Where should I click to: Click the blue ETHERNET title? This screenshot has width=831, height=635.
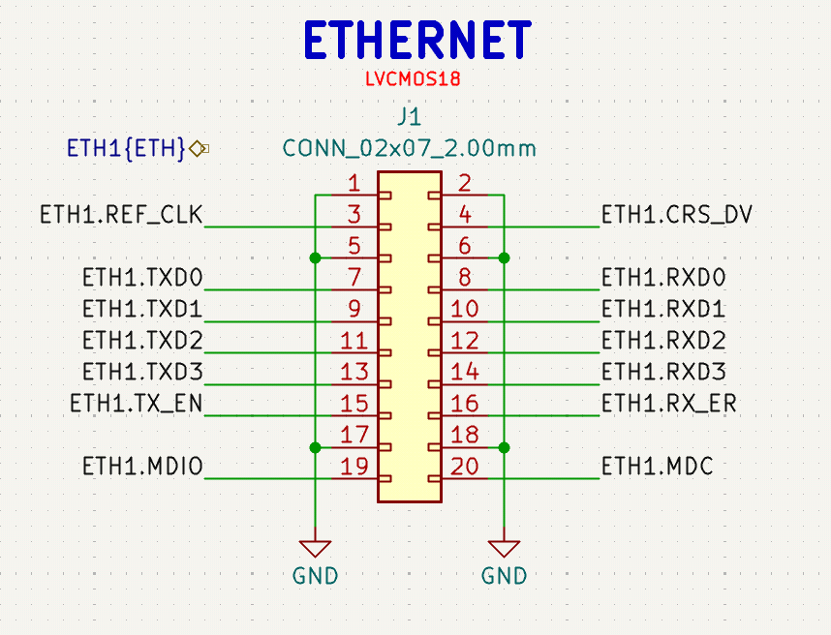click(x=417, y=40)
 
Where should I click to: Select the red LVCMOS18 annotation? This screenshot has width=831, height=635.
click(x=413, y=79)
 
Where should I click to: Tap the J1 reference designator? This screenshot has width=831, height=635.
click(x=409, y=116)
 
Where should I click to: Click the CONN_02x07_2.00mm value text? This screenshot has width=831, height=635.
click(x=409, y=148)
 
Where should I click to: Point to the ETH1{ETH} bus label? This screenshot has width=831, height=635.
click(x=126, y=148)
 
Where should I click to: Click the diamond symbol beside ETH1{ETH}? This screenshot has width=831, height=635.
click(x=198, y=149)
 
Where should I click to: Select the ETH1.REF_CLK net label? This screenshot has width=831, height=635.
click(x=121, y=215)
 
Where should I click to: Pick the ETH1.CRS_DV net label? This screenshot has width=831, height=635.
click(x=677, y=215)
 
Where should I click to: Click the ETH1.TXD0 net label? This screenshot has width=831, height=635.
click(x=142, y=278)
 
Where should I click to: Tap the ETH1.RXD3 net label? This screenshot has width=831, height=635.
click(x=663, y=372)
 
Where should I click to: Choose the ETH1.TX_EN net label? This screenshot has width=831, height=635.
click(x=137, y=404)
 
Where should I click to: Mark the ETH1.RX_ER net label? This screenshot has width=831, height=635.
click(x=669, y=404)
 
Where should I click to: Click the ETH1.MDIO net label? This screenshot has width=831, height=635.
click(x=142, y=467)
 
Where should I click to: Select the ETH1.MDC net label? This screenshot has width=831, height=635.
click(x=658, y=467)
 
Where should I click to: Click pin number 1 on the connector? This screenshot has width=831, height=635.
click(x=354, y=184)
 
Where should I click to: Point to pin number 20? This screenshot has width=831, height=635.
click(x=465, y=467)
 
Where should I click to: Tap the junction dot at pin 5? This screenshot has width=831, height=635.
click(x=316, y=257)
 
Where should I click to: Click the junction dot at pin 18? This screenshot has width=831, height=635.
click(x=504, y=447)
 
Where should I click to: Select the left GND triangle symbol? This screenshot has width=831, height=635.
click(x=316, y=548)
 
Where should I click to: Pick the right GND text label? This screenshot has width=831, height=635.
click(x=504, y=576)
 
